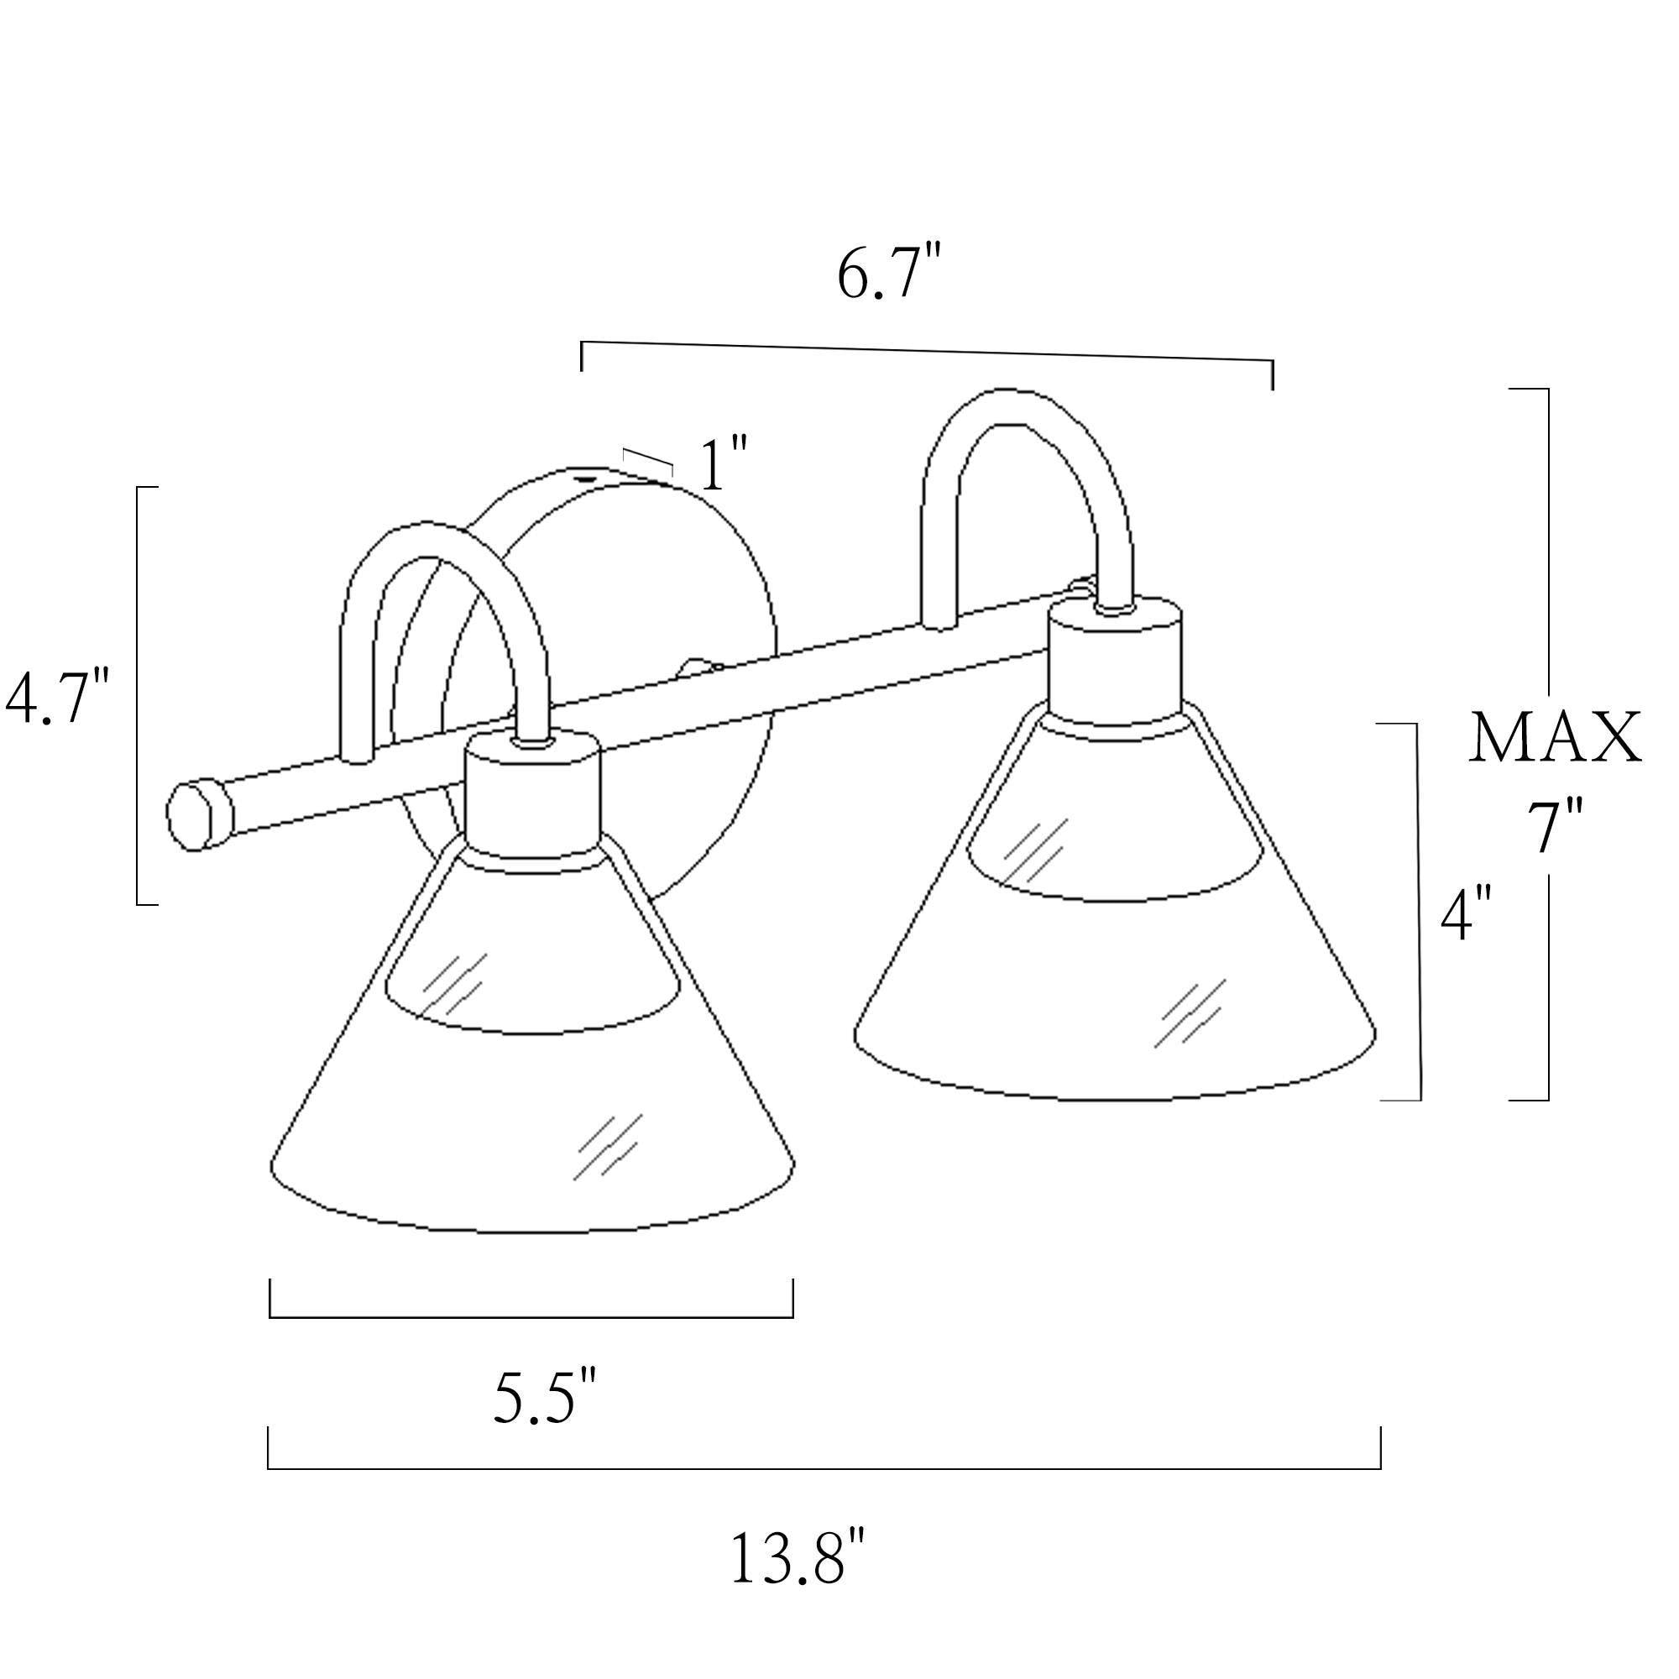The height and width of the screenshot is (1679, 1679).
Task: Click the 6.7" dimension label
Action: click(889, 274)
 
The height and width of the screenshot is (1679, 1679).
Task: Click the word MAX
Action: click(1556, 738)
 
